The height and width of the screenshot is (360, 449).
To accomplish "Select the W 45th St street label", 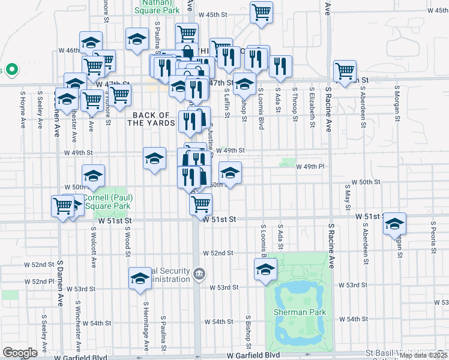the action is [214, 14].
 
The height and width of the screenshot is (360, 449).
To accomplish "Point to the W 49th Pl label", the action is [310, 166].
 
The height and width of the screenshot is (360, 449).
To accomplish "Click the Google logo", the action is [20, 353].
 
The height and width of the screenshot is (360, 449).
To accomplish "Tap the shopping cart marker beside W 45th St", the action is [262, 12].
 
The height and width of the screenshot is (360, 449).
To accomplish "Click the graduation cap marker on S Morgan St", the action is [394, 224].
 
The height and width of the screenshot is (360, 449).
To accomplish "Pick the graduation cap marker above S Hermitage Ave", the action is [140, 278].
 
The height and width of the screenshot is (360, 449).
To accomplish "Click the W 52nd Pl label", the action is [43, 281].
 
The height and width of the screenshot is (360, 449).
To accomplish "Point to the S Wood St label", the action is [128, 241].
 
